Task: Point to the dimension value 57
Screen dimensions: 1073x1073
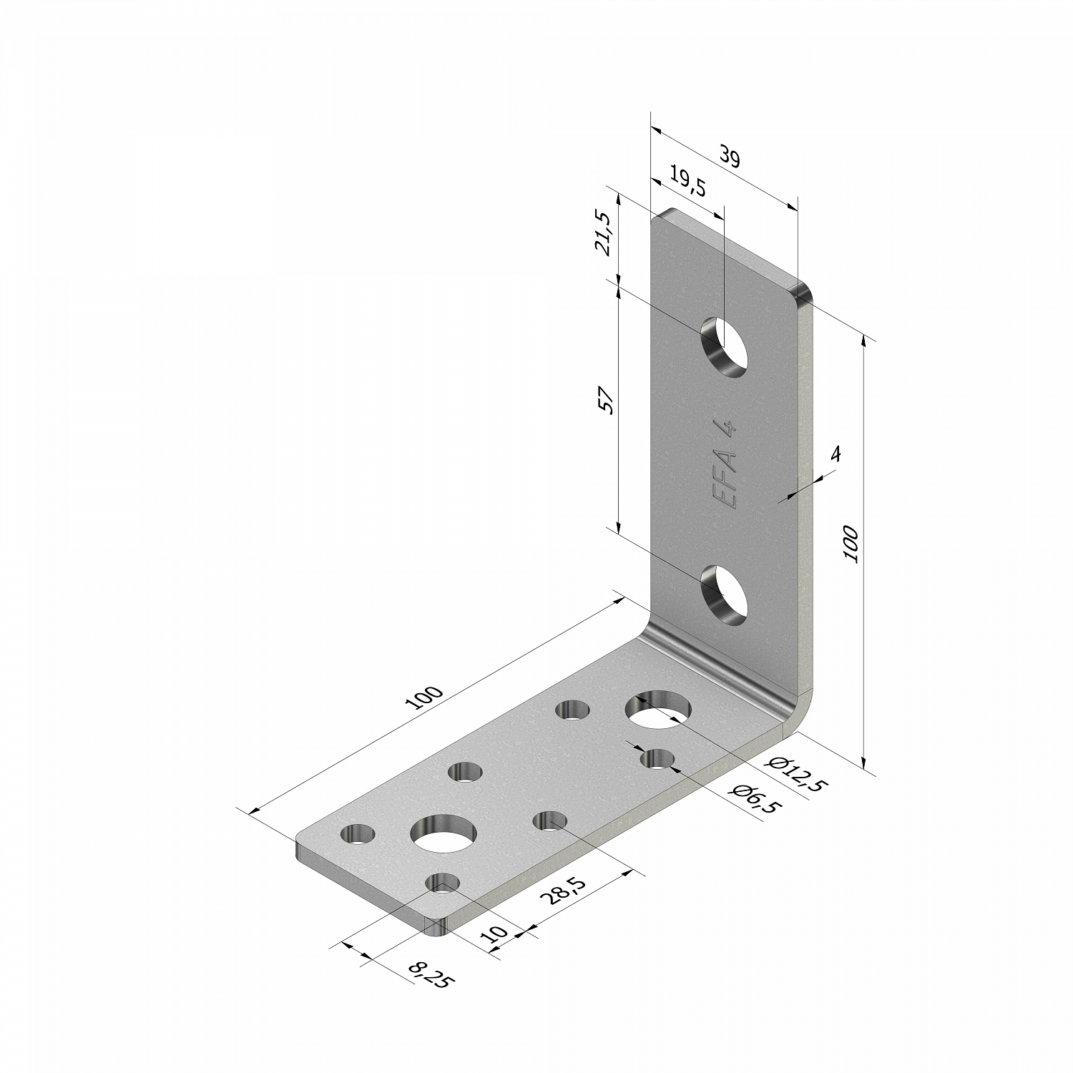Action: coord(607,401)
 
